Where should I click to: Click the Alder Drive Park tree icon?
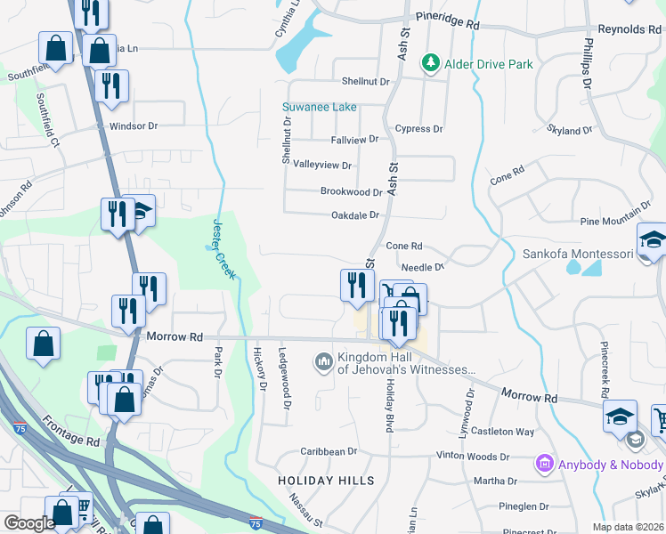[x=431, y=63]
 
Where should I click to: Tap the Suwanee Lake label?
[x=320, y=108]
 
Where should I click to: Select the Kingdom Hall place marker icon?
[x=322, y=361]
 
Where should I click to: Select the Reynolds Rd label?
[x=629, y=29]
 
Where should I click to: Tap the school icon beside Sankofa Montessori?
[x=652, y=240]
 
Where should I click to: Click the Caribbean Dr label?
[x=328, y=452]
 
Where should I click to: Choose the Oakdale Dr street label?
[x=355, y=214]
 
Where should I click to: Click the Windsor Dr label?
[x=133, y=126]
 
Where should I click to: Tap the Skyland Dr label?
[x=569, y=130]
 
